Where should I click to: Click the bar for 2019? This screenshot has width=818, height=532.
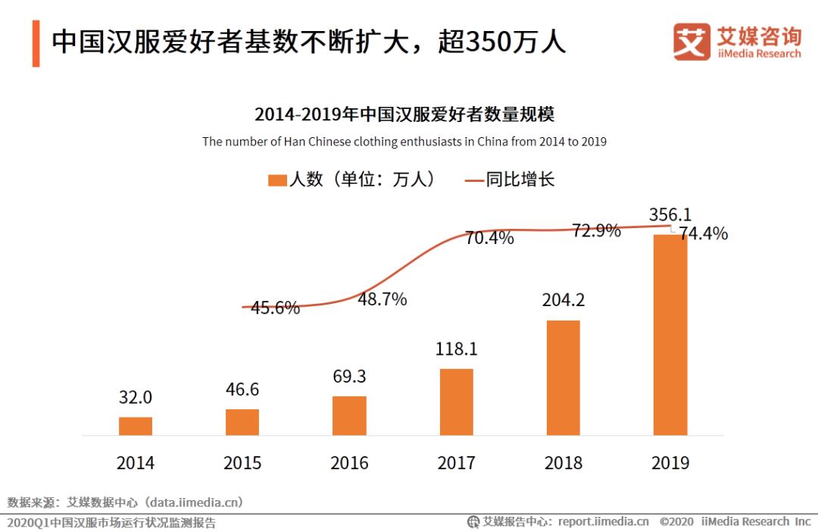[x=670, y=335]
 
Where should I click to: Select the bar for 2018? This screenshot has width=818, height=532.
[x=564, y=377]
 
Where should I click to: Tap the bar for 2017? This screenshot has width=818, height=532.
[x=456, y=402]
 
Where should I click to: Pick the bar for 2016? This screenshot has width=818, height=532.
[x=349, y=415]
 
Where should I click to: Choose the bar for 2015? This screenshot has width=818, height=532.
[x=242, y=422]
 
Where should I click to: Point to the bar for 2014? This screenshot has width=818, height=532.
[x=136, y=426]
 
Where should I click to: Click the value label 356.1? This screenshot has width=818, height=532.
[x=670, y=214]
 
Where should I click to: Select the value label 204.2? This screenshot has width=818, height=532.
[x=564, y=300]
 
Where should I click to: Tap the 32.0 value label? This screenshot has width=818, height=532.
[x=136, y=397]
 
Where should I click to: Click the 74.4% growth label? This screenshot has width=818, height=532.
[x=703, y=234]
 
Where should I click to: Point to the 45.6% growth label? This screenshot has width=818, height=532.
[x=275, y=308]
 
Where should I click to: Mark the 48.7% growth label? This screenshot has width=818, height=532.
[x=382, y=299]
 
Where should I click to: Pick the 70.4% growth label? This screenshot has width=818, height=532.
[x=489, y=238]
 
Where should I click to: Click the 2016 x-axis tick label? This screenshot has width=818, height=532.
[x=349, y=462]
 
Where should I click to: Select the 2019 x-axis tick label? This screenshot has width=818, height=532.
[x=670, y=462]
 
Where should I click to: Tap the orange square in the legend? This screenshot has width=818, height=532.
[x=277, y=180]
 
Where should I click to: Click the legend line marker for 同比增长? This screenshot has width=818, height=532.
[x=473, y=180]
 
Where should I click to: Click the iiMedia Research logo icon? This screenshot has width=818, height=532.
[x=692, y=42]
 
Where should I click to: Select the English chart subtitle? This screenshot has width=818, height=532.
[x=404, y=142]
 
